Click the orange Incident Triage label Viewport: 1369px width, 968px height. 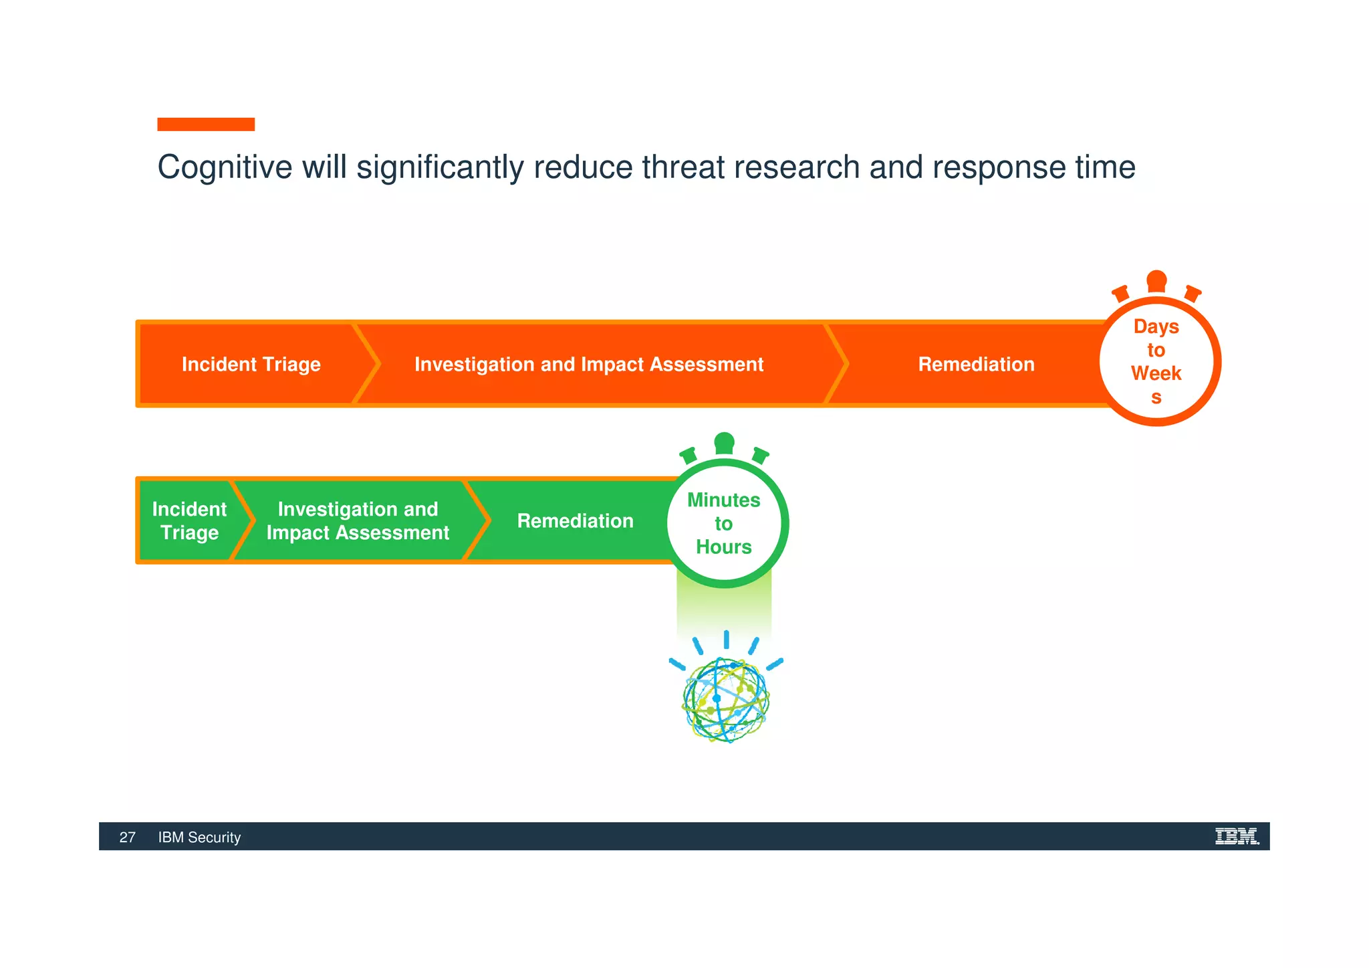point(251,364)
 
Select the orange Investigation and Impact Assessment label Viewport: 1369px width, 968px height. point(588,364)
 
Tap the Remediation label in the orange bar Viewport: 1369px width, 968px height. point(976,364)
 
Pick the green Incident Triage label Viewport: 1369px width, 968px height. point(189,520)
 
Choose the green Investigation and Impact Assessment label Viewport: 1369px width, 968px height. point(358,520)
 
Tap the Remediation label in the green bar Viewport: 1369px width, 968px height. point(575,520)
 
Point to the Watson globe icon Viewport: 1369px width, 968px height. point(726,699)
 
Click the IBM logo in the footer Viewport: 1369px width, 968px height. point(1237,836)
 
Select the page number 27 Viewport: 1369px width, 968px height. point(127,838)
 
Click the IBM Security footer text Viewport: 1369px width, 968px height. point(199,838)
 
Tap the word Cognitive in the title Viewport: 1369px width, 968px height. point(225,167)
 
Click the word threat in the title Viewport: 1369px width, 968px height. point(682,167)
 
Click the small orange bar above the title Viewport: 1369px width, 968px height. point(206,124)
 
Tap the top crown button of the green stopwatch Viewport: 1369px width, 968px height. point(724,443)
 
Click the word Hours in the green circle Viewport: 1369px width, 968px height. point(723,547)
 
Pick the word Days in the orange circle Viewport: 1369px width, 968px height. point(1156,326)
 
